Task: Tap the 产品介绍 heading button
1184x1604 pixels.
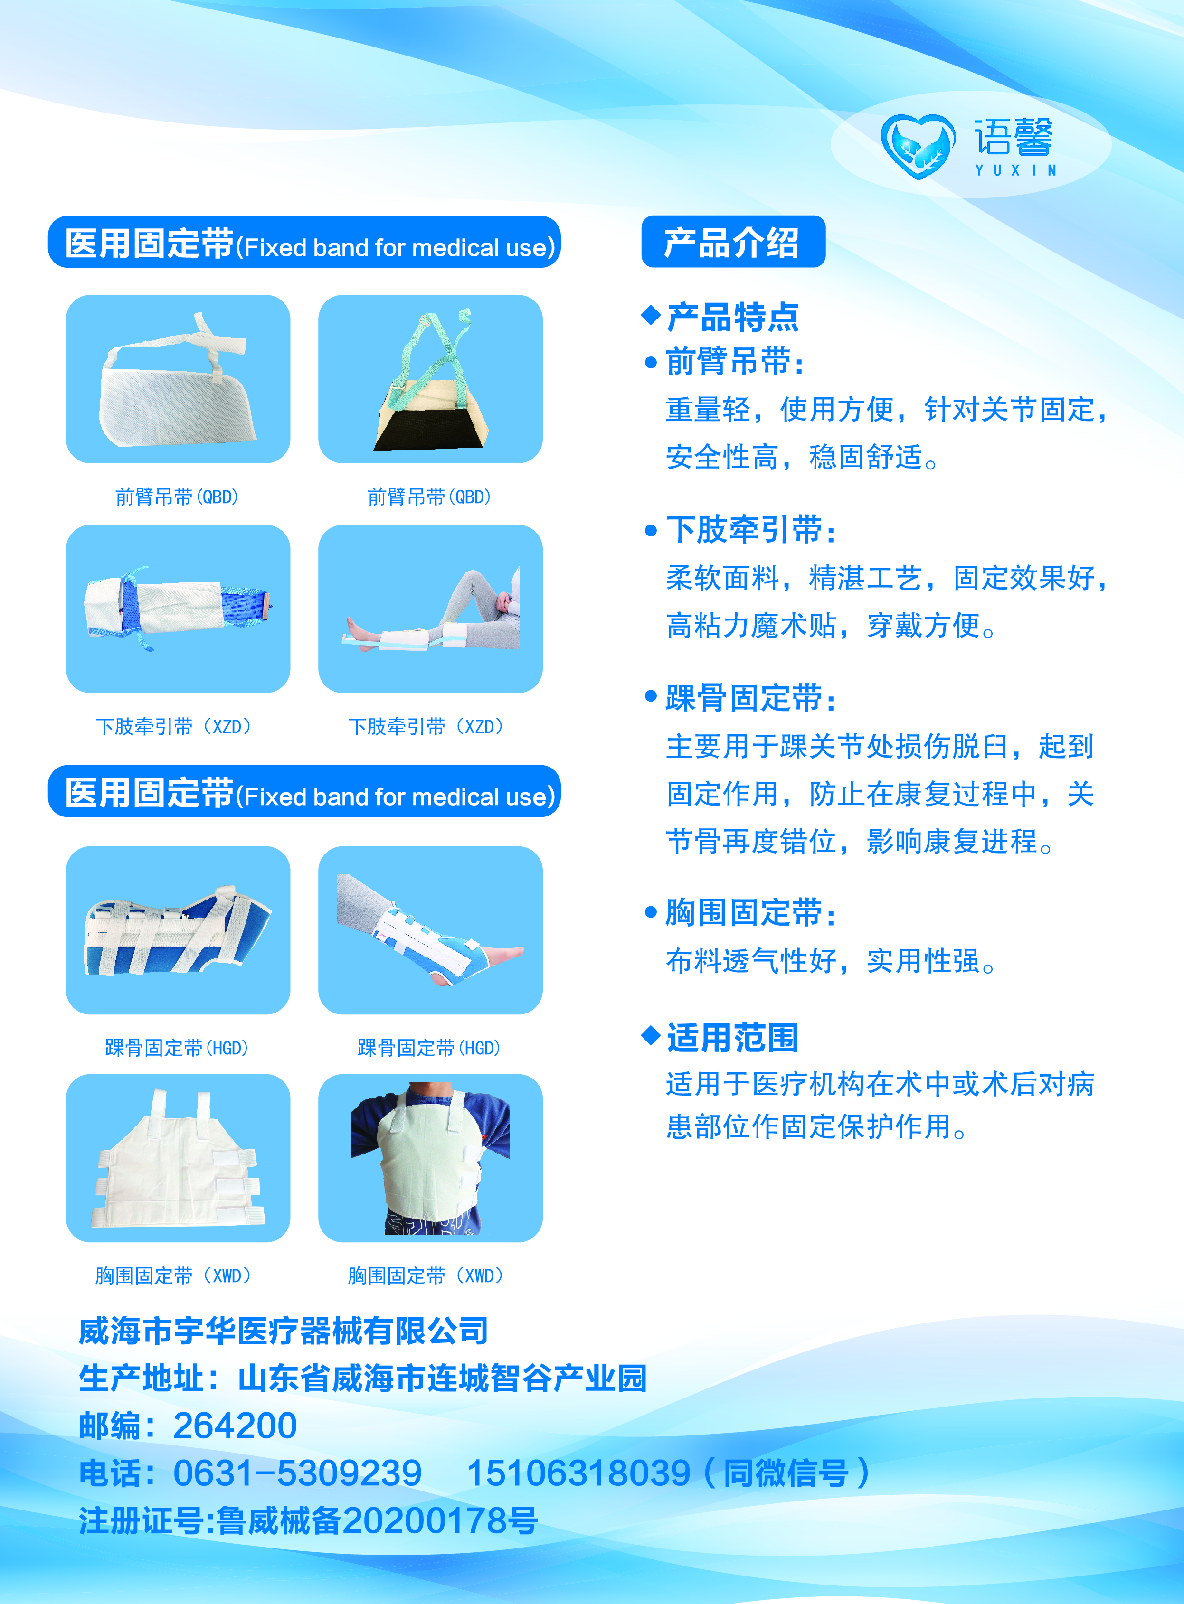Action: pyautogui.click(x=732, y=242)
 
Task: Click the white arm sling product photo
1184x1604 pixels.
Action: pyautogui.click(x=178, y=379)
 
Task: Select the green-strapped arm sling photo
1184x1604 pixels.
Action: pyautogui.click(x=430, y=379)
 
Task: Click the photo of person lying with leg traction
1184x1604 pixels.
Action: pyautogui.click(x=430, y=609)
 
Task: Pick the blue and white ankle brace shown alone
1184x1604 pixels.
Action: pyautogui.click(x=178, y=930)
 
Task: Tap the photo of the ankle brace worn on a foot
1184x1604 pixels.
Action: pyautogui.click(x=430, y=930)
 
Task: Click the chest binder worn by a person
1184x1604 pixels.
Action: pyautogui.click(x=430, y=1158)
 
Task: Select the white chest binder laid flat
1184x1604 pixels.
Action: pyautogui.click(x=178, y=1158)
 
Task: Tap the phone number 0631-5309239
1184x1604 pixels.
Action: pyautogui.click(x=297, y=1473)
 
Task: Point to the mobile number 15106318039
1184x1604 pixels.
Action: pyautogui.click(x=578, y=1473)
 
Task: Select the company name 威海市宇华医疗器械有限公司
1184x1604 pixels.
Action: pyautogui.click(x=283, y=1331)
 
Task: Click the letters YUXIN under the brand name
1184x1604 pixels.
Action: pyautogui.click(x=1015, y=170)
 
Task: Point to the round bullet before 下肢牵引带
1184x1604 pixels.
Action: pyautogui.click(x=651, y=531)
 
